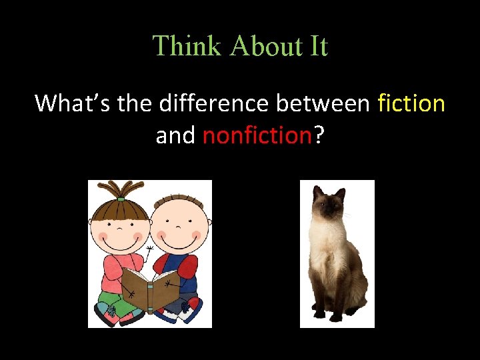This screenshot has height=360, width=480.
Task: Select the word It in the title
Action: [x=317, y=46]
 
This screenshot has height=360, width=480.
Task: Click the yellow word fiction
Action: [x=411, y=103]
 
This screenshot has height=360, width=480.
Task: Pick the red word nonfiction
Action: [x=257, y=135]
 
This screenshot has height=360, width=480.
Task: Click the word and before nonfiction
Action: [x=175, y=135]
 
